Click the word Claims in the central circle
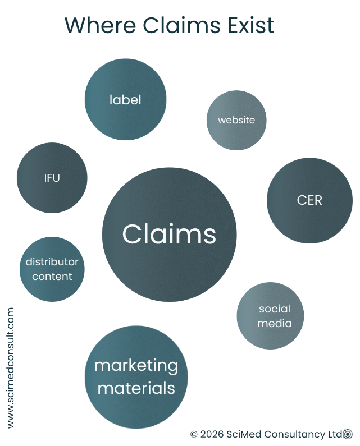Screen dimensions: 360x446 point(169,234)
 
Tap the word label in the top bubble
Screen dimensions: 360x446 point(125,100)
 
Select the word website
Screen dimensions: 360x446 point(236,120)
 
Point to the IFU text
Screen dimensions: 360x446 point(52,178)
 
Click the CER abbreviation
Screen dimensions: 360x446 point(309,200)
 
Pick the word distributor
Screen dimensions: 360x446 point(52,262)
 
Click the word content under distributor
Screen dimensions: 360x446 point(52,277)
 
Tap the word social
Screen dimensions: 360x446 point(275,309)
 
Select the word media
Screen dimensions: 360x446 point(275,323)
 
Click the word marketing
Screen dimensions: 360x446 point(136,366)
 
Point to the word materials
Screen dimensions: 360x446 point(136,388)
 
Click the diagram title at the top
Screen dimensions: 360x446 point(167,26)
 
